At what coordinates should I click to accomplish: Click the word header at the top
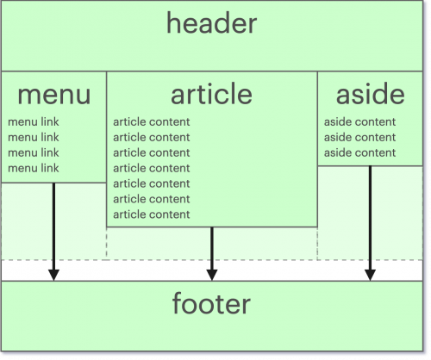211,23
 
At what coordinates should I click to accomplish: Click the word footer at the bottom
211,303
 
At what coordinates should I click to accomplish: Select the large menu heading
54,96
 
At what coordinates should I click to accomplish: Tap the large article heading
211,94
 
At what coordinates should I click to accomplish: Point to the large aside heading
371,94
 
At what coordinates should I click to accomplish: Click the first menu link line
34,122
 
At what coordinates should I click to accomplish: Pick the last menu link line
34,168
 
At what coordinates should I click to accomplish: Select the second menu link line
34,137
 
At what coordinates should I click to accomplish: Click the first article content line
152,122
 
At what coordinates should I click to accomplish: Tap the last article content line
152,214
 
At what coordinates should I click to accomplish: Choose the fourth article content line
152,168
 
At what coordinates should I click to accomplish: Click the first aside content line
359,122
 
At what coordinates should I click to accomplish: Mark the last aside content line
359,152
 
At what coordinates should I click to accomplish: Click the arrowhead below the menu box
53,275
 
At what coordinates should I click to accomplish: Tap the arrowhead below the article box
212,275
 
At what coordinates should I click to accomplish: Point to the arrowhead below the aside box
370,275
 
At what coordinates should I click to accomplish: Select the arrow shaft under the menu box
53,227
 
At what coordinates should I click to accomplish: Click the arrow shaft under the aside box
370,218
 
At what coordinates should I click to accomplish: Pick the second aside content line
359,137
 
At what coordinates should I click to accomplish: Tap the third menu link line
34,152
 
